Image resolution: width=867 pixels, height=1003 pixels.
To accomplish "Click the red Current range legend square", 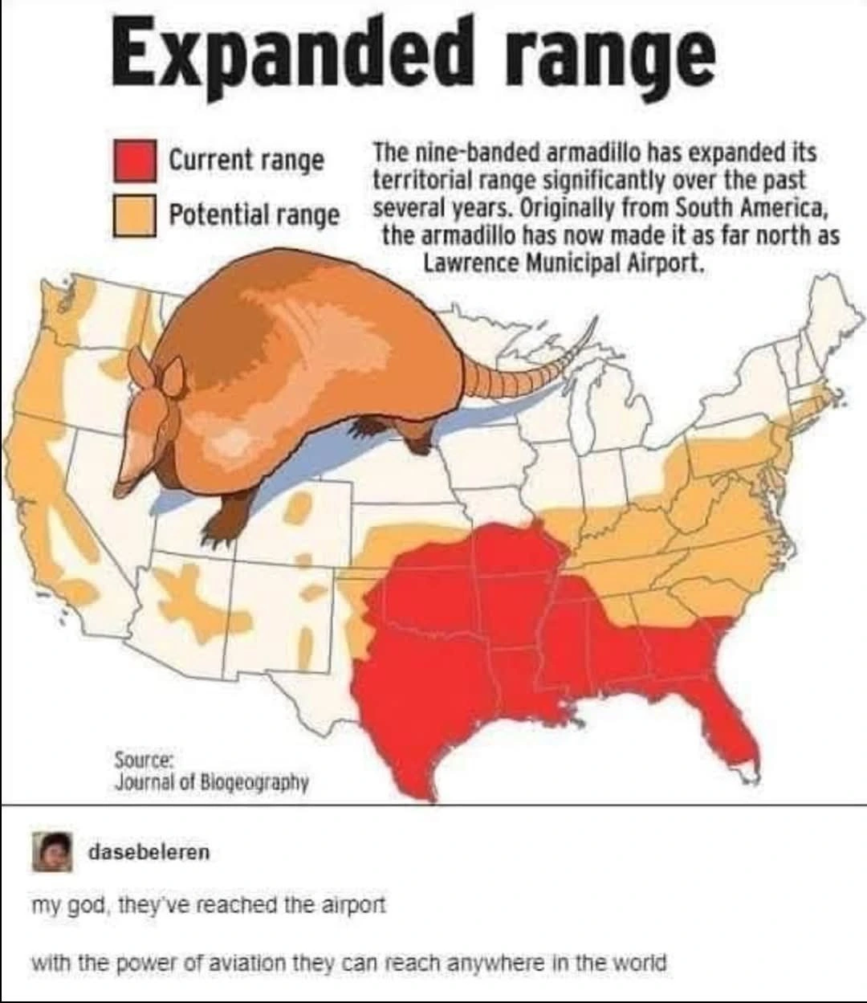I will click(x=133, y=160).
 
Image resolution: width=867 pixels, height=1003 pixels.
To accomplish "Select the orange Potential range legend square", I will click(x=133, y=214).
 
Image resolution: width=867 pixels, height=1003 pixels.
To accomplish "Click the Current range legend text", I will click(x=246, y=160).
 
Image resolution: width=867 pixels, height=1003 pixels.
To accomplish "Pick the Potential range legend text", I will click(x=254, y=214).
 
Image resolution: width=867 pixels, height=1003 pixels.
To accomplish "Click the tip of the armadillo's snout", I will click(x=120, y=490).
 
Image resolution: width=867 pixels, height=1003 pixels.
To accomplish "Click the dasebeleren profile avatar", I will click(x=51, y=851).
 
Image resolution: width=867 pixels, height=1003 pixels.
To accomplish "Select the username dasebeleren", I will click(x=149, y=851).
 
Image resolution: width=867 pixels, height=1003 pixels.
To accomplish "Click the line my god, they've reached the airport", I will click(x=209, y=905).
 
